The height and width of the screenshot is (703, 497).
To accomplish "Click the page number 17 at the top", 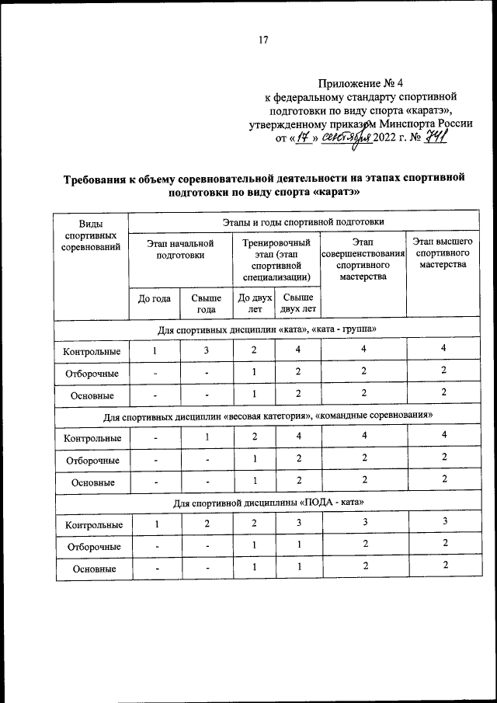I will pos(262,41).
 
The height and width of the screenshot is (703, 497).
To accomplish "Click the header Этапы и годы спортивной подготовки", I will pos(308,223).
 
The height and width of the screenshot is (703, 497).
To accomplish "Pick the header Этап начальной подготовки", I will pos(180,249).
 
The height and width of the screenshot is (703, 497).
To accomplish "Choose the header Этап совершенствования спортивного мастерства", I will pos(363,259).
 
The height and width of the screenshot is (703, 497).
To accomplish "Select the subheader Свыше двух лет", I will pos(298,302).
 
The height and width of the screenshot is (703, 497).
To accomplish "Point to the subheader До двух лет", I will pos(255,302).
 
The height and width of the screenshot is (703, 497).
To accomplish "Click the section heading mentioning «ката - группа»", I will pos(267,329).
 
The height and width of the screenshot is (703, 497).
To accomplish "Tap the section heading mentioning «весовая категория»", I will pos(267,416).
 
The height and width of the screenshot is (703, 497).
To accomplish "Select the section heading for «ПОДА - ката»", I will pos(267,503).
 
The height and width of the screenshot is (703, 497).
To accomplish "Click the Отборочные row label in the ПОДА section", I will pos(92,546).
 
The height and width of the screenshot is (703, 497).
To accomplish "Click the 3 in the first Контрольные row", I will pos(207,350).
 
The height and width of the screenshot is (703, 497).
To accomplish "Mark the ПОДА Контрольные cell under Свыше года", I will pos(207,524).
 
